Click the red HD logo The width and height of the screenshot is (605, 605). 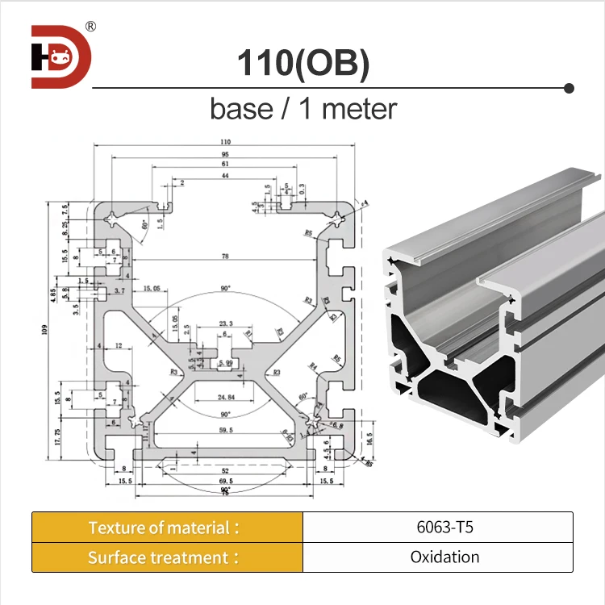pyautogui.click(x=61, y=56)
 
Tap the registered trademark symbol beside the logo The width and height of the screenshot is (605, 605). pyautogui.click(x=90, y=27)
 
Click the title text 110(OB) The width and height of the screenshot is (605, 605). pyautogui.click(x=302, y=65)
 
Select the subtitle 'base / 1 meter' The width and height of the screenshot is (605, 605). pyautogui.click(x=303, y=108)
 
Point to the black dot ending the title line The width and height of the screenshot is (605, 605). pyautogui.click(x=569, y=87)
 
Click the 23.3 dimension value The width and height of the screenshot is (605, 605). pyautogui.click(x=226, y=324)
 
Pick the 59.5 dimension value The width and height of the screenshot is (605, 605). pyautogui.click(x=225, y=432)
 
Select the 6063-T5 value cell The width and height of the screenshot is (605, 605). pyautogui.click(x=437, y=528)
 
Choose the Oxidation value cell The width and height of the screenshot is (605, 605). pyautogui.click(x=437, y=557)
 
